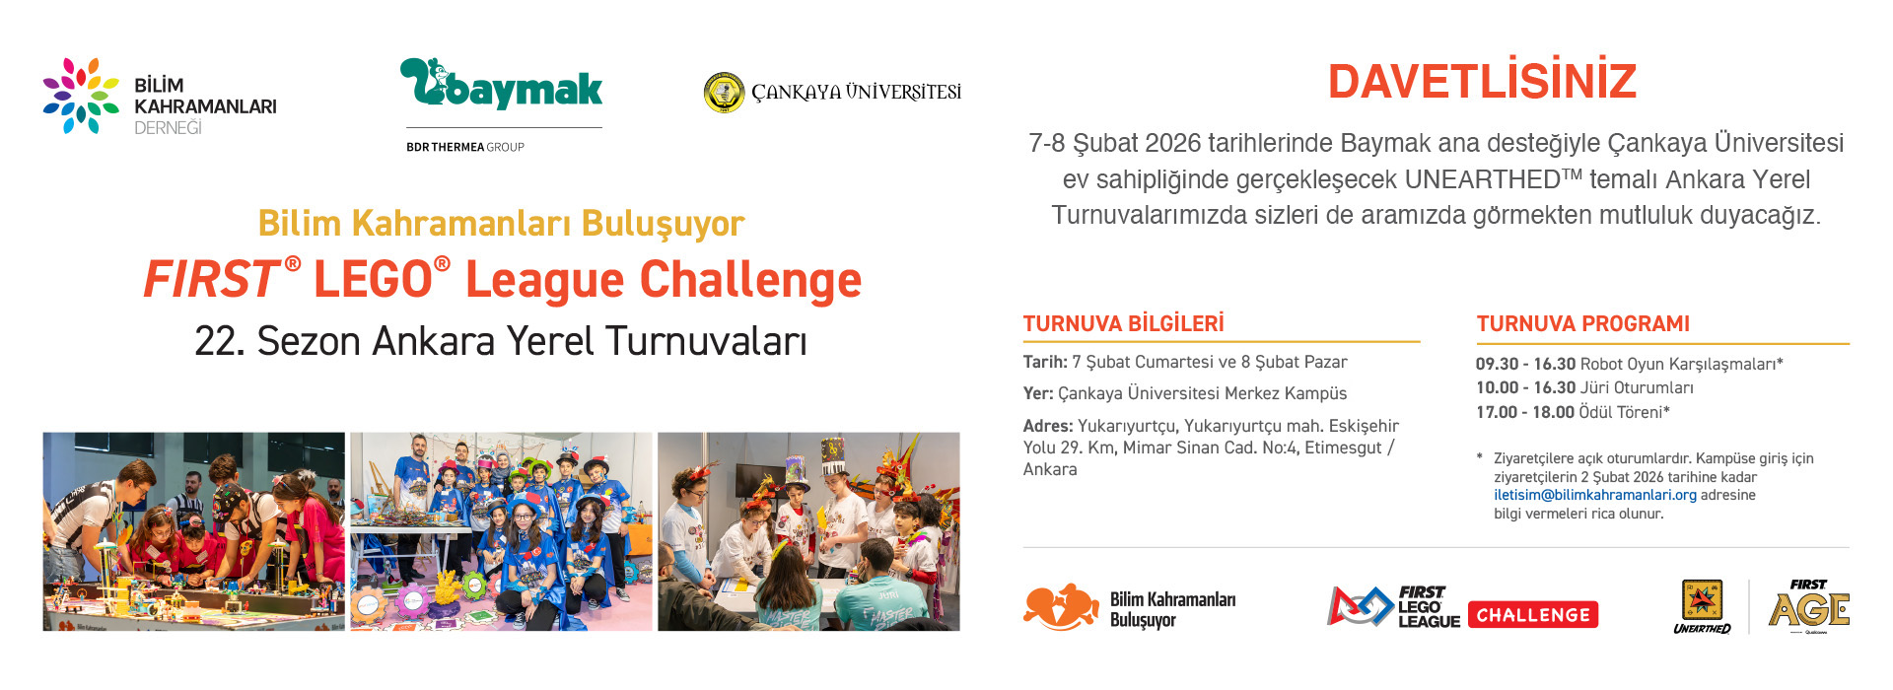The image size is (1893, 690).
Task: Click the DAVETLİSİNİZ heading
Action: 1482,82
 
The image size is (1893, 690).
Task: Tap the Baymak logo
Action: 501,85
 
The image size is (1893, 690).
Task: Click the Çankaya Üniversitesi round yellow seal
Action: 724,93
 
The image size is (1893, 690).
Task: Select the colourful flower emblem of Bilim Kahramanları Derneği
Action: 80,96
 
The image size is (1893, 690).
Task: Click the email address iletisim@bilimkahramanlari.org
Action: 1594,495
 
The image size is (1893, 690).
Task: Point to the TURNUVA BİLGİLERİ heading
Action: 1123,324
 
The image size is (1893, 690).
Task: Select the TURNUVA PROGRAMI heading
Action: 1582,324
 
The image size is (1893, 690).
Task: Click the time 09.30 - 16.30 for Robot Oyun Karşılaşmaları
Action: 1524,364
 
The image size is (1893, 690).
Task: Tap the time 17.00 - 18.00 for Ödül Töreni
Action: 1524,412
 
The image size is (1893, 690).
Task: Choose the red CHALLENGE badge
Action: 1533,615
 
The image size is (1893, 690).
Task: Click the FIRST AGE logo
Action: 1809,605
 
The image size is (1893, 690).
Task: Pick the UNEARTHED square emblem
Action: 1702,601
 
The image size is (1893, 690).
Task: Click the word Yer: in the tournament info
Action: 1037,393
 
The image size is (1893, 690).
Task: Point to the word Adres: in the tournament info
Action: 1047,426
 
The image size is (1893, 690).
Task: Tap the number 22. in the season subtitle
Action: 219,342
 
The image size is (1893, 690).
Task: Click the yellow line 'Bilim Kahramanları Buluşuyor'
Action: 501,224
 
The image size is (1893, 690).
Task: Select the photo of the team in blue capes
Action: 501,531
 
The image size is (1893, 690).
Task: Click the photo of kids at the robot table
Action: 193,531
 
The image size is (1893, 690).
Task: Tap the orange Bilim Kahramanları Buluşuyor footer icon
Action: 1061,607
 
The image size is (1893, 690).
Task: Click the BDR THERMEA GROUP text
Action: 464,147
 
